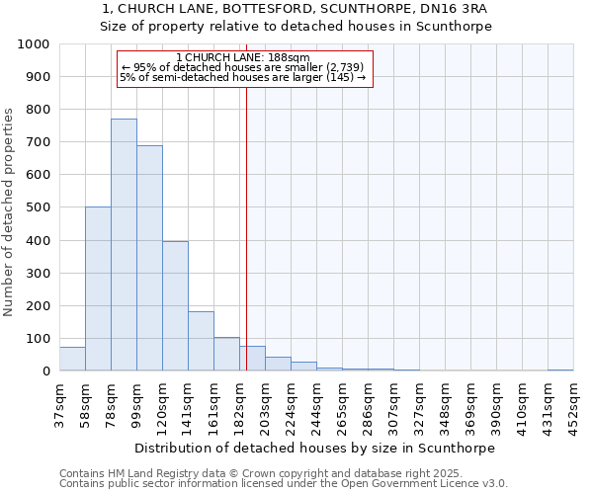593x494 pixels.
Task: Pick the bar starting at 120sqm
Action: pyautogui.click(x=175, y=306)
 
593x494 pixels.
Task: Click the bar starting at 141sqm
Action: pyautogui.click(x=201, y=341)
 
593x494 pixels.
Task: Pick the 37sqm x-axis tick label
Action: pyautogui.click(x=60, y=403)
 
